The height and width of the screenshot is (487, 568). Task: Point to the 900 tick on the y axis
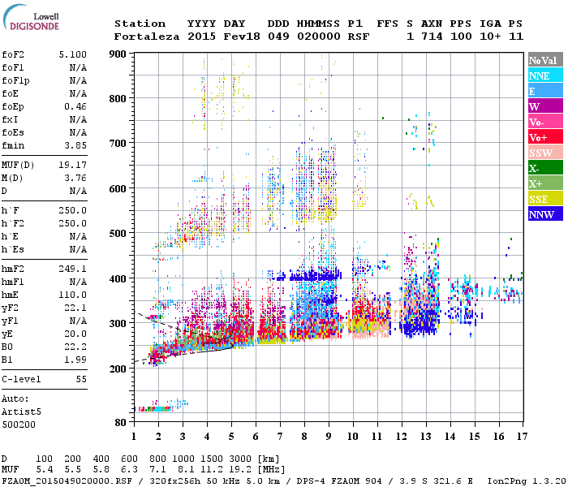click(x=119, y=54)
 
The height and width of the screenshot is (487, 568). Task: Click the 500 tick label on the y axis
click(x=119, y=234)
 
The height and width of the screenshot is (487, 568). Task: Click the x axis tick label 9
click(x=328, y=436)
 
